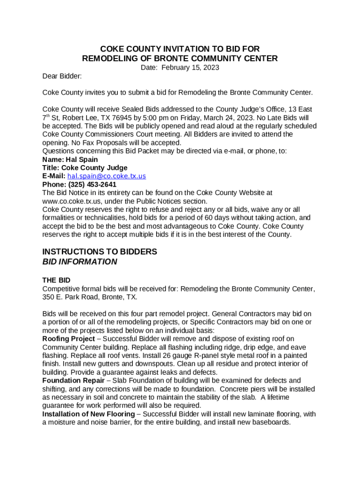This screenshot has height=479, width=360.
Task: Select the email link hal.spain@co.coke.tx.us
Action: (107, 176)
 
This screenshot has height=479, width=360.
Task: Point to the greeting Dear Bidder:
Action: (62, 76)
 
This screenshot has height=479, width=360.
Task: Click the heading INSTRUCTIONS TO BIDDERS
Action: (100, 252)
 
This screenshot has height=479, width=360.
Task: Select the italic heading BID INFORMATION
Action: (79, 262)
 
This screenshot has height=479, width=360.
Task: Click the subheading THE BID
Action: (56, 280)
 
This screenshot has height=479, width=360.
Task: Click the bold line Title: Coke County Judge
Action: (85, 167)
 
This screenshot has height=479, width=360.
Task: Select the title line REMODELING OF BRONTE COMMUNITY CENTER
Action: (180, 58)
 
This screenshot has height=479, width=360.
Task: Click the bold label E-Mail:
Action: (54, 176)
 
